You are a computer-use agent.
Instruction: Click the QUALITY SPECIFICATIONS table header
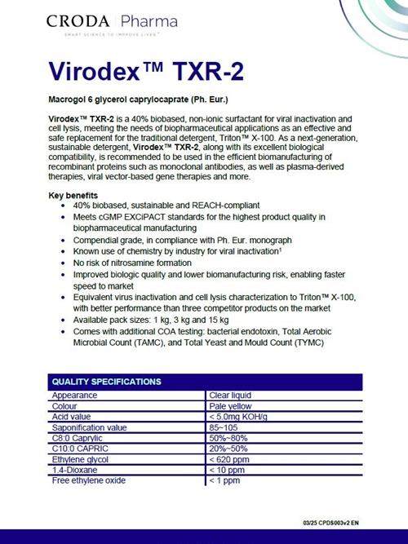tap(106, 381)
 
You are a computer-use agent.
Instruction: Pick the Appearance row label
tap(75, 395)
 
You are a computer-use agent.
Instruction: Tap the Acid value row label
tap(74, 416)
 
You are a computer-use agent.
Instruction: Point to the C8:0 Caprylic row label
tap(82, 437)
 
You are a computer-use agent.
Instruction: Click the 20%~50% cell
tap(229, 448)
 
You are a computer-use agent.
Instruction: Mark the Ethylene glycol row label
tap(80, 458)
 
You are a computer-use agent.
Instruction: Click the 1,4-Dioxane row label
tap(75, 469)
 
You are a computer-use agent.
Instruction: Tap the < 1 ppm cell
tap(226, 480)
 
